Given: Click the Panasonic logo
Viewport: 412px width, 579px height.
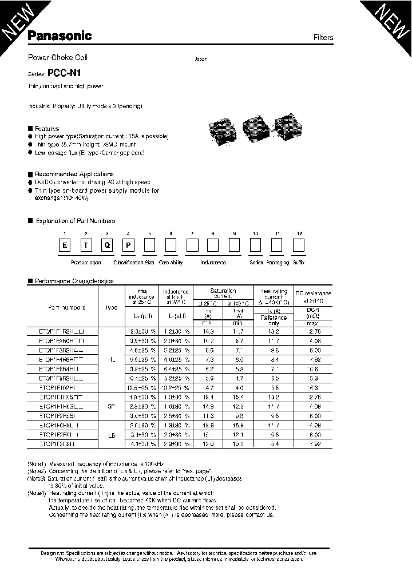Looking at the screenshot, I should (60, 36).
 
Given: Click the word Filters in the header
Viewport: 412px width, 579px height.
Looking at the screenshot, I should (323, 38).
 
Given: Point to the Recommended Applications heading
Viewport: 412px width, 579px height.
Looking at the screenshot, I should (74, 174).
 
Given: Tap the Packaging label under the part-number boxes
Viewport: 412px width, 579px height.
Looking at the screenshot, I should (278, 263).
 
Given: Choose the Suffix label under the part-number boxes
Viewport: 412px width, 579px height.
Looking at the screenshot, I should (299, 263).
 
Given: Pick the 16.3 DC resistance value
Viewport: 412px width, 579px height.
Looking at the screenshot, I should (313, 387).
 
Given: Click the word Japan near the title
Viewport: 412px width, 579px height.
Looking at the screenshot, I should (200, 60).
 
